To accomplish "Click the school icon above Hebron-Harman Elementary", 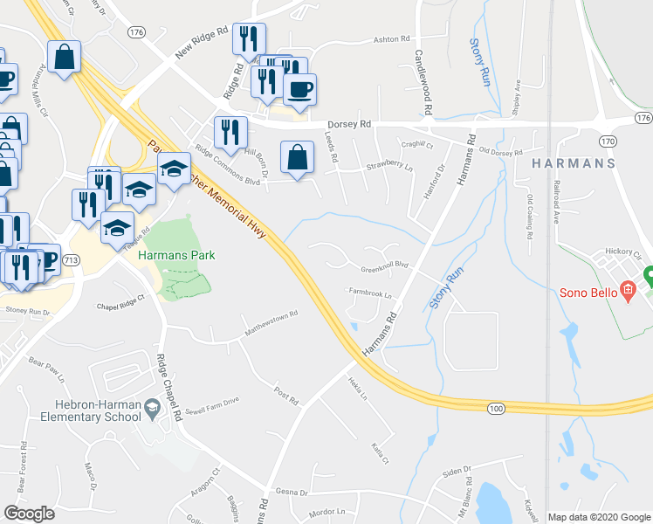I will click(152, 406).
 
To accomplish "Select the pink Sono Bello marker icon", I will click(627, 290).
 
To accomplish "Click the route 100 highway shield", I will click(495, 409).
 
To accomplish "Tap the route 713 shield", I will click(72, 260).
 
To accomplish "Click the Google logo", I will click(29, 513).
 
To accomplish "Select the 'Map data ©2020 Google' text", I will click(598, 517).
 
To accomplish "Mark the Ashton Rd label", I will click(391, 39).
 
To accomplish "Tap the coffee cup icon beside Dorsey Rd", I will click(299, 89).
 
